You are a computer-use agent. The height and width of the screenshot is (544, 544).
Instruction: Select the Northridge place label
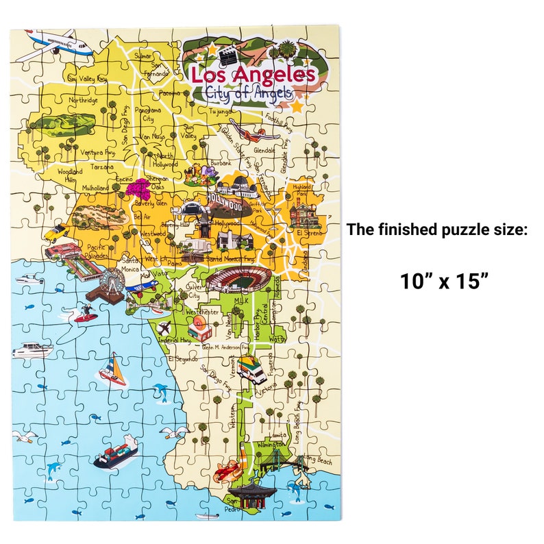pos(84,100)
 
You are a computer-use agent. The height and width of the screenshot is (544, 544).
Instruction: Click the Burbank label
pos(221,164)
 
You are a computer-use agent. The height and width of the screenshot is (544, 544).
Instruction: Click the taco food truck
pos(252,369)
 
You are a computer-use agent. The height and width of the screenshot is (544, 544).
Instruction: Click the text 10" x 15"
pos(445,280)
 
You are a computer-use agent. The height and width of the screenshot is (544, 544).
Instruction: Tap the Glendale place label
pos(264,151)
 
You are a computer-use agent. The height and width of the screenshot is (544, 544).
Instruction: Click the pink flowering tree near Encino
pos(142,188)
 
